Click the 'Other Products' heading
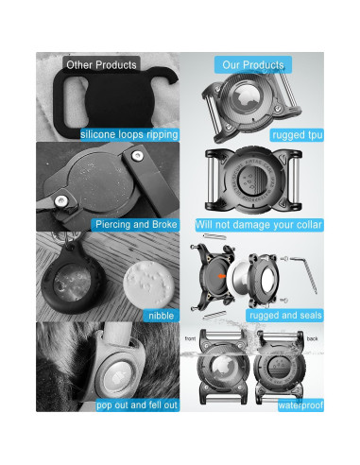[101, 65]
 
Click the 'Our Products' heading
[253, 65]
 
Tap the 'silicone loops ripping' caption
[129, 135]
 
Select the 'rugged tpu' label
[297, 135]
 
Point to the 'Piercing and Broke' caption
[136, 225]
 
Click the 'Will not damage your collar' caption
[259, 225]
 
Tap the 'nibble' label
[162, 316]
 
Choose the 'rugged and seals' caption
[285, 316]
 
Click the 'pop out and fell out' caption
[137, 405]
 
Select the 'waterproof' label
[300, 405]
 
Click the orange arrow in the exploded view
[222, 276]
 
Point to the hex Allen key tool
[302, 274]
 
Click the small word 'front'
[190, 338]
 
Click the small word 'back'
[312, 338]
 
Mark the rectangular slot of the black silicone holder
[71, 101]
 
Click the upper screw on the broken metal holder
[137, 155]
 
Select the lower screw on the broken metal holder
[60, 200]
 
